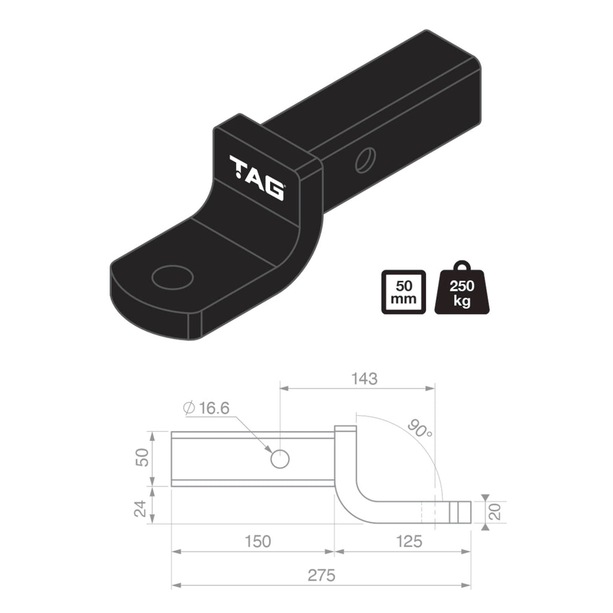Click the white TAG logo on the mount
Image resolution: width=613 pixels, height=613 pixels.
pos(257,178)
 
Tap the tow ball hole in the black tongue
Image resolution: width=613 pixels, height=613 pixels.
pos(172,277)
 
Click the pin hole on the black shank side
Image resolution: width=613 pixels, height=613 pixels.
pos(364,160)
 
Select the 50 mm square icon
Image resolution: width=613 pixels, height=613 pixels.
pos(403,292)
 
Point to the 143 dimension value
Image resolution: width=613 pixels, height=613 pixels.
pos(365,378)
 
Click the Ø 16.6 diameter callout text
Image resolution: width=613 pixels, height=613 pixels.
pos(207,408)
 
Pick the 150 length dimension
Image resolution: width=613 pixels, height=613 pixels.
pos(257,541)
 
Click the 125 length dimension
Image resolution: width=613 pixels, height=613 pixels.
pos(409,541)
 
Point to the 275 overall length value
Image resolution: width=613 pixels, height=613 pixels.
pos(321,575)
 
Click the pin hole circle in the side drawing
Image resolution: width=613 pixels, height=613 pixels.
pos(280,459)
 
